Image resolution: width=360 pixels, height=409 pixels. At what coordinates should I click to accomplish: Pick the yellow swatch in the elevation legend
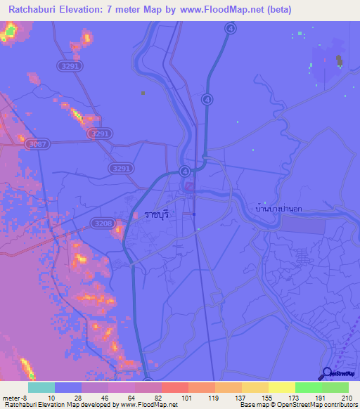pyautogui.click(x=282, y=387)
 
